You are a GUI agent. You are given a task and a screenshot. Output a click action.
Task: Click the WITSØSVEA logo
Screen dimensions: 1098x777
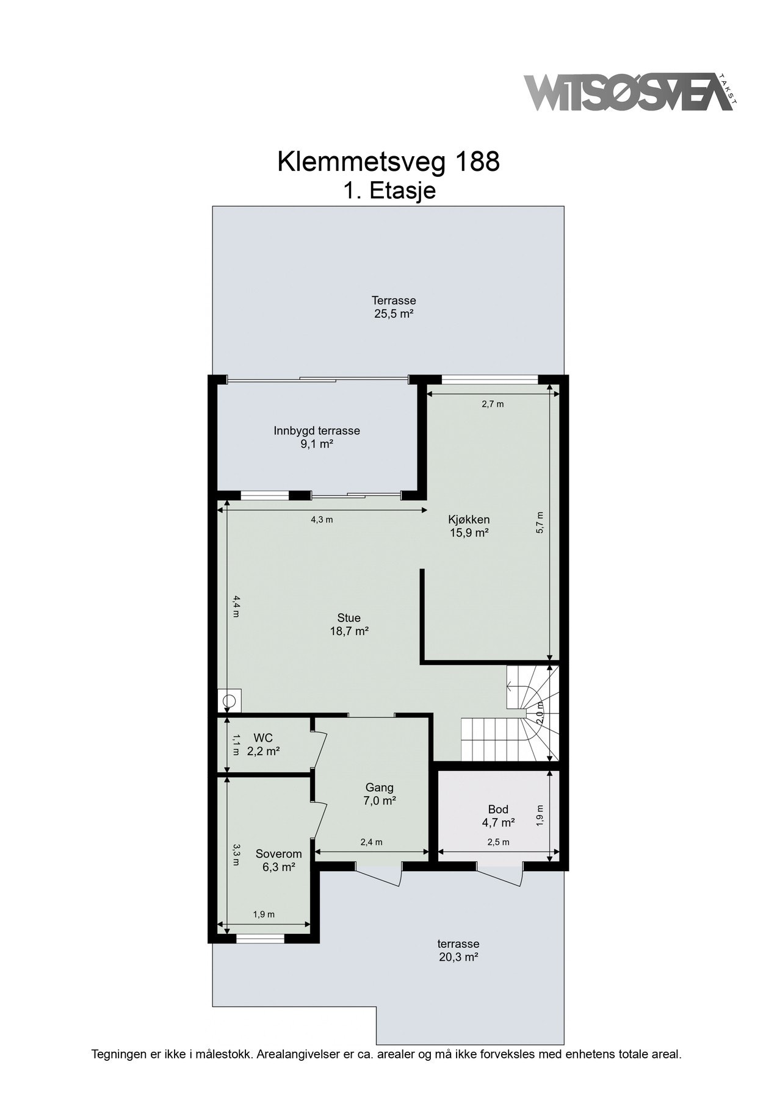pyautogui.click(x=629, y=92)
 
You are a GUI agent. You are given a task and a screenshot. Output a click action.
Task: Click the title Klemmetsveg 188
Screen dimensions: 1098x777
pyautogui.click(x=388, y=162)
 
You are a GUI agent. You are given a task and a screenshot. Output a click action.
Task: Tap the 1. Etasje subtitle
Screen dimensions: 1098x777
pyautogui.click(x=389, y=191)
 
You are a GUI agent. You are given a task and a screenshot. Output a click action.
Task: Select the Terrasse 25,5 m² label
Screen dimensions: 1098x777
pyautogui.click(x=394, y=307)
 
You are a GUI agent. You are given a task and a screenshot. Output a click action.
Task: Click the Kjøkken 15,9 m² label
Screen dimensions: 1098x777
pyautogui.click(x=468, y=526)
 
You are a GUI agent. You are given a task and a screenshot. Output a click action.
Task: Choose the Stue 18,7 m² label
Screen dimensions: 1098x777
pyautogui.click(x=349, y=625)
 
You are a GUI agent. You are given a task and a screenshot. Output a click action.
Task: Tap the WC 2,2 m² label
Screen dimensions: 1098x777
pyautogui.click(x=263, y=745)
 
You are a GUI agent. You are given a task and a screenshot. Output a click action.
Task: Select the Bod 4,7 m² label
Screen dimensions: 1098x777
pyautogui.click(x=497, y=816)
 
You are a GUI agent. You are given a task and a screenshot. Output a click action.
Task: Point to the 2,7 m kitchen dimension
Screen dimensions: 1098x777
pyautogui.click(x=493, y=404)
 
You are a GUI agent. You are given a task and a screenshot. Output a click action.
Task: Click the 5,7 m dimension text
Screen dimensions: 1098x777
pyautogui.click(x=540, y=523)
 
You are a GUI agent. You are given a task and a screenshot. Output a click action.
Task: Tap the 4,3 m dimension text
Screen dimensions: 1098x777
pyautogui.click(x=322, y=520)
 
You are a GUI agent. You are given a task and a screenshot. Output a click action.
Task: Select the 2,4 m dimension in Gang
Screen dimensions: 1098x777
pyautogui.click(x=371, y=842)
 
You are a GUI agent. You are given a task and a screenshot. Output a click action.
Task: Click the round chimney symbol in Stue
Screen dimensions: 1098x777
pyautogui.click(x=229, y=701)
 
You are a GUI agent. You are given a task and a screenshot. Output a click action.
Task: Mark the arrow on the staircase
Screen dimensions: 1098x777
pyautogui.click(x=511, y=687)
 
